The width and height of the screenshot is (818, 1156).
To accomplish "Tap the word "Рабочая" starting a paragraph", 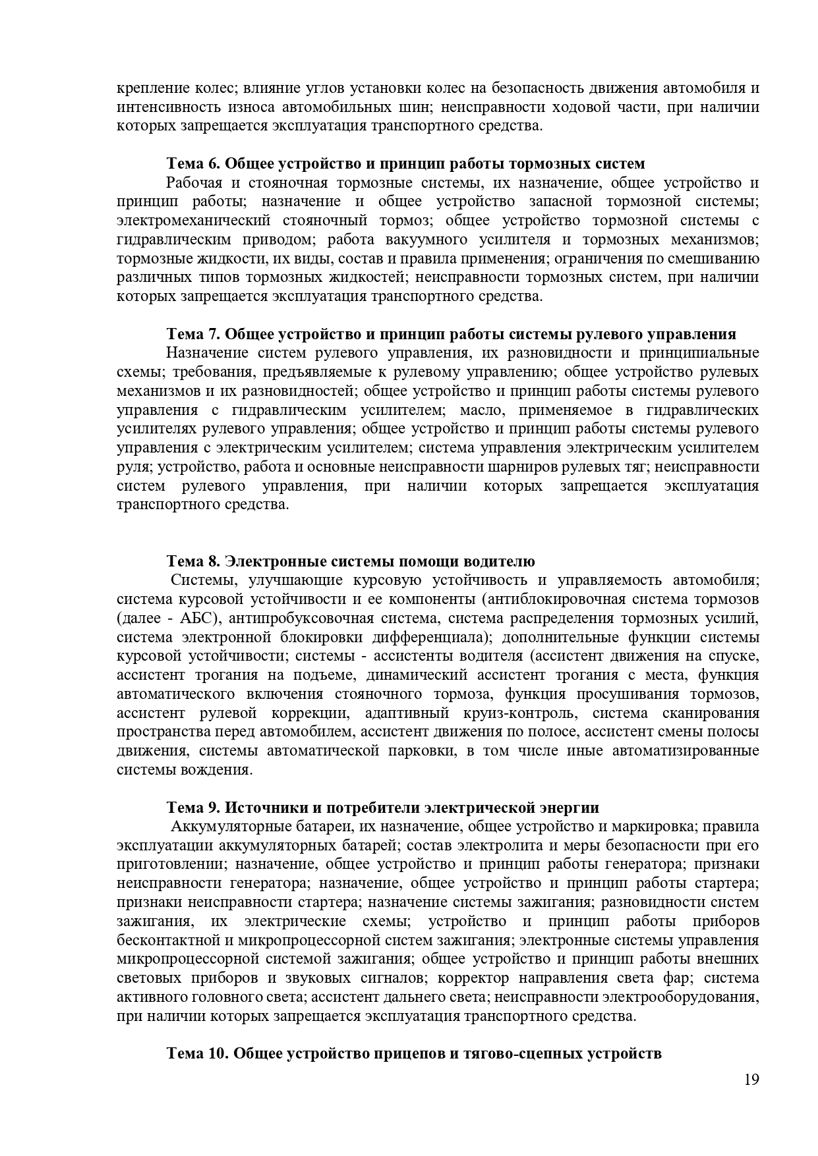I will pos(193,182).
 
